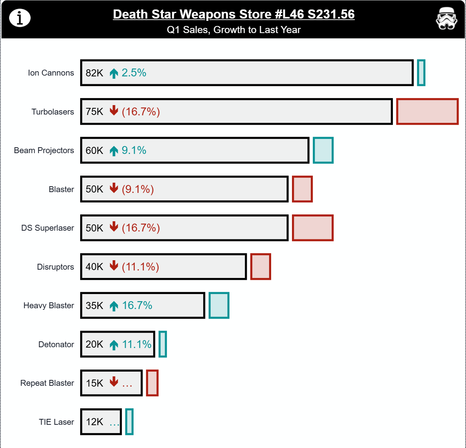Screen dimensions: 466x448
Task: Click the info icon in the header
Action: point(20,18)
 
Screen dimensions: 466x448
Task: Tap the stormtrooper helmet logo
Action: point(446,19)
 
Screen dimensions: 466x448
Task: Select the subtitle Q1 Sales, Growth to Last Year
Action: point(234,30)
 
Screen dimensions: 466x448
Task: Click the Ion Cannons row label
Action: point(51,73)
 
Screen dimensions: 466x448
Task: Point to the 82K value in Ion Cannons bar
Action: point(94,73)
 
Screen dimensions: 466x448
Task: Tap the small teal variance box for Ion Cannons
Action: point(421,72)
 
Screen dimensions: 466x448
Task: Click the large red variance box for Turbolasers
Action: point(427,111)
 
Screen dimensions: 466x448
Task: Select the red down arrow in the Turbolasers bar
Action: point(114,110)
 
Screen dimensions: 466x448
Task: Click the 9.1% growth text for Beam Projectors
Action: point(134,150)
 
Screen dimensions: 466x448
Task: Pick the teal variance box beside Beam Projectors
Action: point(323,150)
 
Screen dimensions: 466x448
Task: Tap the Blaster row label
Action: point(61,189)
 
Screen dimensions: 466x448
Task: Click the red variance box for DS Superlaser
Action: point(313,228)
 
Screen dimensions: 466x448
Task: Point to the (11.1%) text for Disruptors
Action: point(140,267)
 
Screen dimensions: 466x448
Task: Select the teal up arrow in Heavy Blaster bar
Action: point(114,306)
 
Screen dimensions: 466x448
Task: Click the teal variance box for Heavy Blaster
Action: point(219,305)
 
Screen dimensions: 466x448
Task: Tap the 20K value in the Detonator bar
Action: point(94,344)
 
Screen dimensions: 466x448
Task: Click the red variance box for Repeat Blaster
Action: point(152,383)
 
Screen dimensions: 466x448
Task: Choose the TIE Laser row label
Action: point(56,422)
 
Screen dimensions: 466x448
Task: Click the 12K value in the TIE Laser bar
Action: point(95,422)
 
